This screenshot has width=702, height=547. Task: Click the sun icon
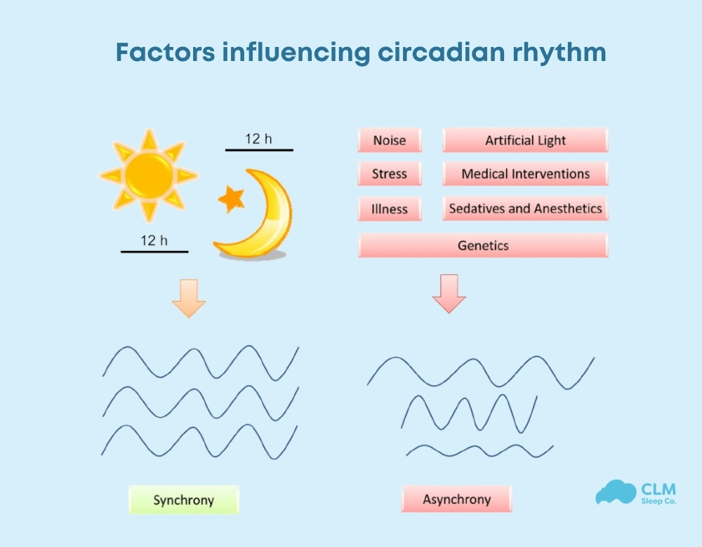(x=147, y=175)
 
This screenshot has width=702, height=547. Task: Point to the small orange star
(x=231, y=199)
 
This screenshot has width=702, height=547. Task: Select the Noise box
(x=389, y=140)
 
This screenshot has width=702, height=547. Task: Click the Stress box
(x=389, y=174)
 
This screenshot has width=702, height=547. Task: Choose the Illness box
(x=389, y=208)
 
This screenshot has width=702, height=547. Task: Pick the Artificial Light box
(x=525, y=140)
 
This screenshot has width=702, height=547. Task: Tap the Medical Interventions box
(x=525, y=174)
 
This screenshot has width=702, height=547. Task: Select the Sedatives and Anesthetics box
(x=525, y=208)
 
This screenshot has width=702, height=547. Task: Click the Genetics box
(x=483, y=245)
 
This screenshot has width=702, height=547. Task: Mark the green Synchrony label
(x=183, y=500)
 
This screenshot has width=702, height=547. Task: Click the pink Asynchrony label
(x=456, y=500)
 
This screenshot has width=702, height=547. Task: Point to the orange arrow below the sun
(x=189, y=299)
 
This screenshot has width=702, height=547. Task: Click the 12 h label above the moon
(x=258, y=139)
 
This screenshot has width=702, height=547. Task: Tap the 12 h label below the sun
(x=154, y=241)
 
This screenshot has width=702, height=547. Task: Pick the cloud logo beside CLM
(x=615, y=493)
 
